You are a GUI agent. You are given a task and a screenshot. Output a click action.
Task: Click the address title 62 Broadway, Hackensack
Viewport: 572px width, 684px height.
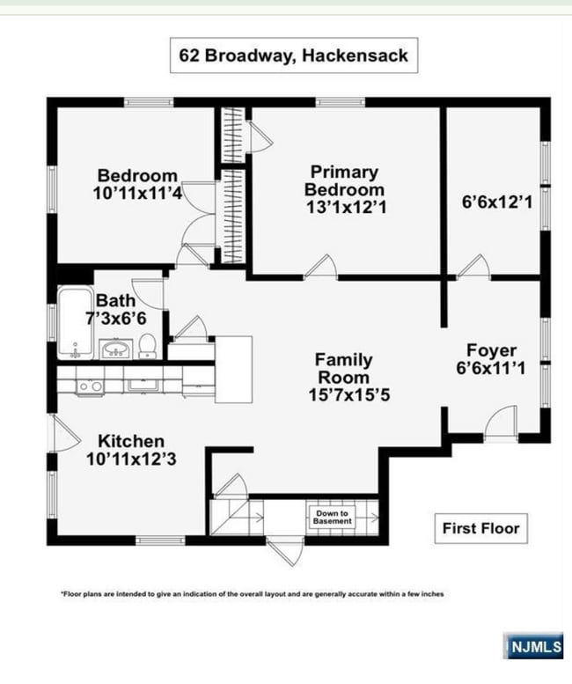pyautogui.click(x=293, y=55)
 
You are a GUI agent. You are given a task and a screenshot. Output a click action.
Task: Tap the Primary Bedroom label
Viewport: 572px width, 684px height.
pyautogui.click(x=344, y=180)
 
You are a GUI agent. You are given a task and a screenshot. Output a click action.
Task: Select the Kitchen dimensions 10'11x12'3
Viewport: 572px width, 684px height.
pyautogui.click(x=131, y=459)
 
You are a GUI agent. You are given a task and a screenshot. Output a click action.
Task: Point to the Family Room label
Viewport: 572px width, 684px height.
pyautogui.click(x=343, y=369)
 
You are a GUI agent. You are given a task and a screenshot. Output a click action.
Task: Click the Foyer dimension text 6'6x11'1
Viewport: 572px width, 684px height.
pyautogui.click(x=491, y=368)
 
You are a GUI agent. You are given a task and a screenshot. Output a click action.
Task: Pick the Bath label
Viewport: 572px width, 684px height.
pyautogui.click(x=115, y=300)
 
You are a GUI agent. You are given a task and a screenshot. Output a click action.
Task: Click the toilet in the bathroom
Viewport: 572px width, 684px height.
pyautogui.click(x=147, y=346)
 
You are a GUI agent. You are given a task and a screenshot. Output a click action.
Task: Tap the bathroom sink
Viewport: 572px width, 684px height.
pyautogui.click(x=115, y=349)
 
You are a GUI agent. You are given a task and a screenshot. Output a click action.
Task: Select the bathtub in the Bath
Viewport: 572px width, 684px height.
pyautogui.click(x=75, y=322)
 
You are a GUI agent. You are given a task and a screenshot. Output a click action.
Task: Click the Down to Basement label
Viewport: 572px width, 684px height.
pyautogui.click(x=333, y=518)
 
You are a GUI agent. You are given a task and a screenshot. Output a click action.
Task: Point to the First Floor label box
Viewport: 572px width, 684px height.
pyautogui.click(x=481, y=528)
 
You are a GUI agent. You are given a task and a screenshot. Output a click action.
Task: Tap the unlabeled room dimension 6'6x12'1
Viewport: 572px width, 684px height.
pyautogui.click(x=497, y=202)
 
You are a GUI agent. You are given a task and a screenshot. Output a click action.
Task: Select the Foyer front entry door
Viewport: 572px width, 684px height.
pyautogui.click(x=501, y=423)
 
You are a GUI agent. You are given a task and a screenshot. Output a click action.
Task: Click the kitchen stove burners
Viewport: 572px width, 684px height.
pyautogui.click(x=90, y=386)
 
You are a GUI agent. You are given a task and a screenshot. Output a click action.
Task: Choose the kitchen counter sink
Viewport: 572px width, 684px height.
pyautogui.click(x=143, y=385)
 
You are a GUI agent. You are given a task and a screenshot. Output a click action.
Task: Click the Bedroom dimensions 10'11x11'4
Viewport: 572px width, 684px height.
pyautogui.click(x=137, y=194)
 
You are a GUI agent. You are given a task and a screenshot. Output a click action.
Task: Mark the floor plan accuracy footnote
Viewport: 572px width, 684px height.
pyautogui.click(x=252, y=593)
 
